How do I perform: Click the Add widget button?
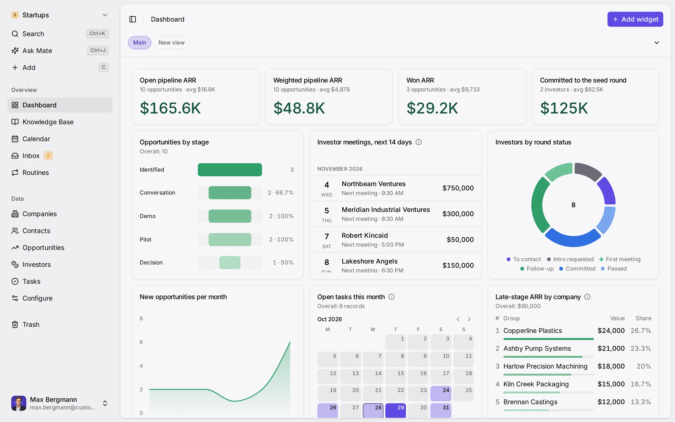pos(635,19)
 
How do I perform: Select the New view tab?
pos(171,43)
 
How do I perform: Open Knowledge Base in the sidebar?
pos(48,122)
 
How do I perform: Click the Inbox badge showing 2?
pos(48,155)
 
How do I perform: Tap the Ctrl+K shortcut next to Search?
pos(97,34)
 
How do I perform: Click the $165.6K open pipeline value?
pos(170,108)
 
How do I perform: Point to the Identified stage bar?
pos(230,170)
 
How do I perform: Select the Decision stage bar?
pos(230,263)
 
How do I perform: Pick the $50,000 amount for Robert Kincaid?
pos(460,239)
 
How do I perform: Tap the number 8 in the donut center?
pos(573,205)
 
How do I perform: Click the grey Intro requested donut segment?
pos(588,171)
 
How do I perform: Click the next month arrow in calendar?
pos(469,319)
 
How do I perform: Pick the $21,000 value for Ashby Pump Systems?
pos(611,349)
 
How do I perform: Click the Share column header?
pos(643,318)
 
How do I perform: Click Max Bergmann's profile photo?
pos(19,403)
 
